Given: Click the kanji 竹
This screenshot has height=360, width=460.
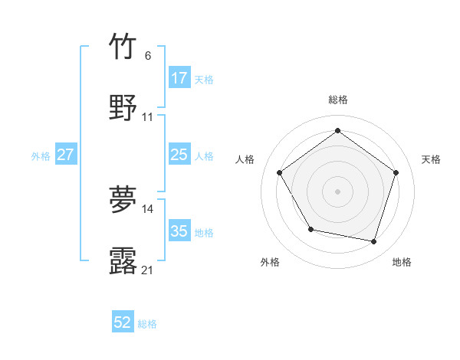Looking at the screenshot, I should pos(123,46).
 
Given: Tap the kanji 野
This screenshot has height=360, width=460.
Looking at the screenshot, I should pos(123,107).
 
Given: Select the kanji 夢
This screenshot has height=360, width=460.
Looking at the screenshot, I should pos(123,199).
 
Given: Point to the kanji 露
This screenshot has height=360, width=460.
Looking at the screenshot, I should pos(123,260).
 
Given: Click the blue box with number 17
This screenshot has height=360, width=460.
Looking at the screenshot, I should pos(179,78).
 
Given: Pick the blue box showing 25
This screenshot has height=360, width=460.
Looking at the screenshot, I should pos(179,155).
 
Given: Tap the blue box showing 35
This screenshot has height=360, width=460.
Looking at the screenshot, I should pos(179,231).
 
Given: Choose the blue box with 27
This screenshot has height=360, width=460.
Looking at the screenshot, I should pos(66,155).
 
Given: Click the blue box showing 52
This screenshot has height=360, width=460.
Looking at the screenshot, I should pos(123,322).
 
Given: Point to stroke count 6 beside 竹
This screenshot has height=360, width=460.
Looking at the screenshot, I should pos(148,55).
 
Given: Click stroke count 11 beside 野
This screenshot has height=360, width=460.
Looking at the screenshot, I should pos(148,116).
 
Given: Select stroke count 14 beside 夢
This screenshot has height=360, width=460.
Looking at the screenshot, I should pos(148,208).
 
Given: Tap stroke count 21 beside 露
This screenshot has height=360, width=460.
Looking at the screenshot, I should pos(148,270).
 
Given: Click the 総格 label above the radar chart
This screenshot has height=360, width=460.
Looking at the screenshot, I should pos(337,100).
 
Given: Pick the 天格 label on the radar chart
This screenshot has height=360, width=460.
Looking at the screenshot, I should pos(431,159).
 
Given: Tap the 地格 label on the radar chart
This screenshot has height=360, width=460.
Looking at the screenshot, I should pos(402,262).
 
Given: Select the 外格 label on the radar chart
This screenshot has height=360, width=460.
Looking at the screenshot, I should pos(270,262).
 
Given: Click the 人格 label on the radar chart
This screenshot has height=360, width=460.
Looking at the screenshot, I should pos(245,159).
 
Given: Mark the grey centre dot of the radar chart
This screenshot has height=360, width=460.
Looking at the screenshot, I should pos(337,191).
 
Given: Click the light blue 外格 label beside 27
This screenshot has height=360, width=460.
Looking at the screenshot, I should pos(41,155).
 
